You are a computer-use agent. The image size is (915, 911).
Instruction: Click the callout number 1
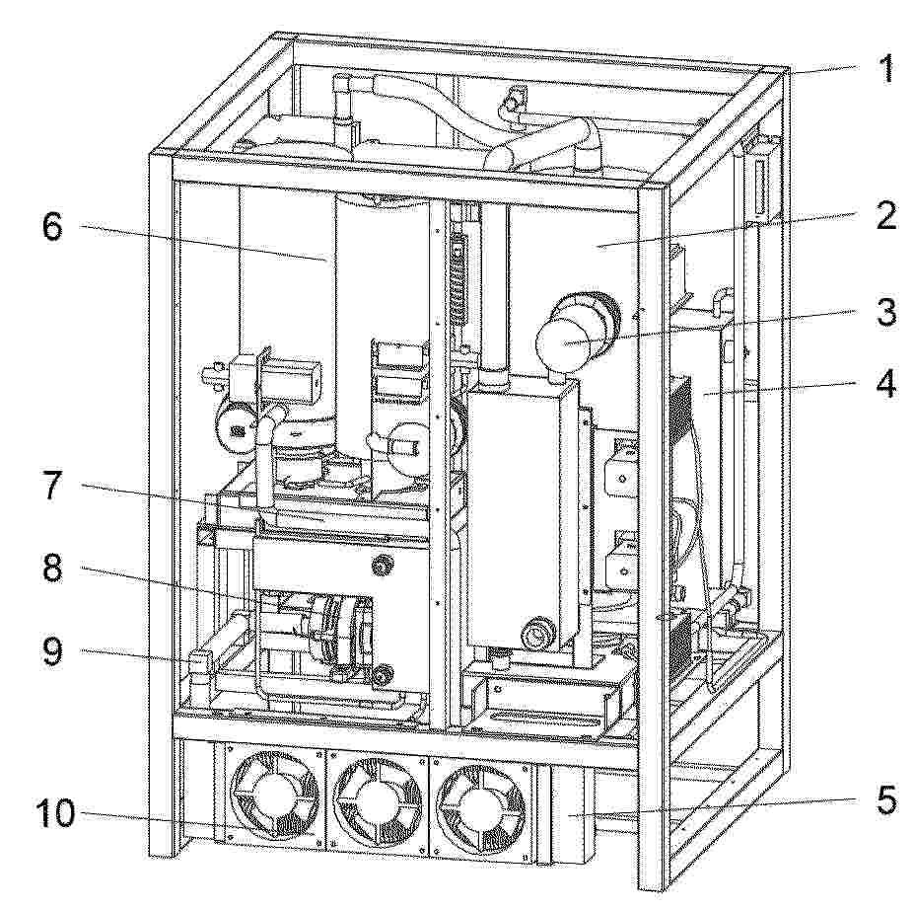[x=885, y=69]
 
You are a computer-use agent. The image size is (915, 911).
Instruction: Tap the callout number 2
[x=885, y=216]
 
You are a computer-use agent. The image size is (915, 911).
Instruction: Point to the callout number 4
[x=885, y=384]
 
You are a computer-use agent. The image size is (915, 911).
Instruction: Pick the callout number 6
[x=52, y=226]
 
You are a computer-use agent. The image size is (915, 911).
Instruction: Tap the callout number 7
[x=53, y=485]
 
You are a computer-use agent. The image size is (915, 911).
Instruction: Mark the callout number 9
[x=53, y=650]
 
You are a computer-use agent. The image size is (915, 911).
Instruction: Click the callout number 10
[x=55, y=812]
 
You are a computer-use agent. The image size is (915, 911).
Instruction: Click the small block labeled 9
[x=198, y=663]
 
